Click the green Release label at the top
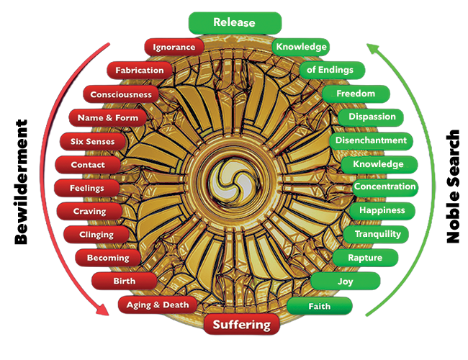click(234, 22)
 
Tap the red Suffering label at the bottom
click(241, 324)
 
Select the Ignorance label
click(174, 47)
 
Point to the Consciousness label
click(120, 94)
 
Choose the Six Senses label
click(92, 141)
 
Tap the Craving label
click(90, 211)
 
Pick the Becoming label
click(107, 257)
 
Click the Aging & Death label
click(157, 305)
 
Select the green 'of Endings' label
click(330, 70)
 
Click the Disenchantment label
click(372, 140)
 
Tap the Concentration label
click(384, 186)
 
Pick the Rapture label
click(364, 257)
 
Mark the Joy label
click(345, 282)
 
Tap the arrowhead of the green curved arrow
click(372, 45)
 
